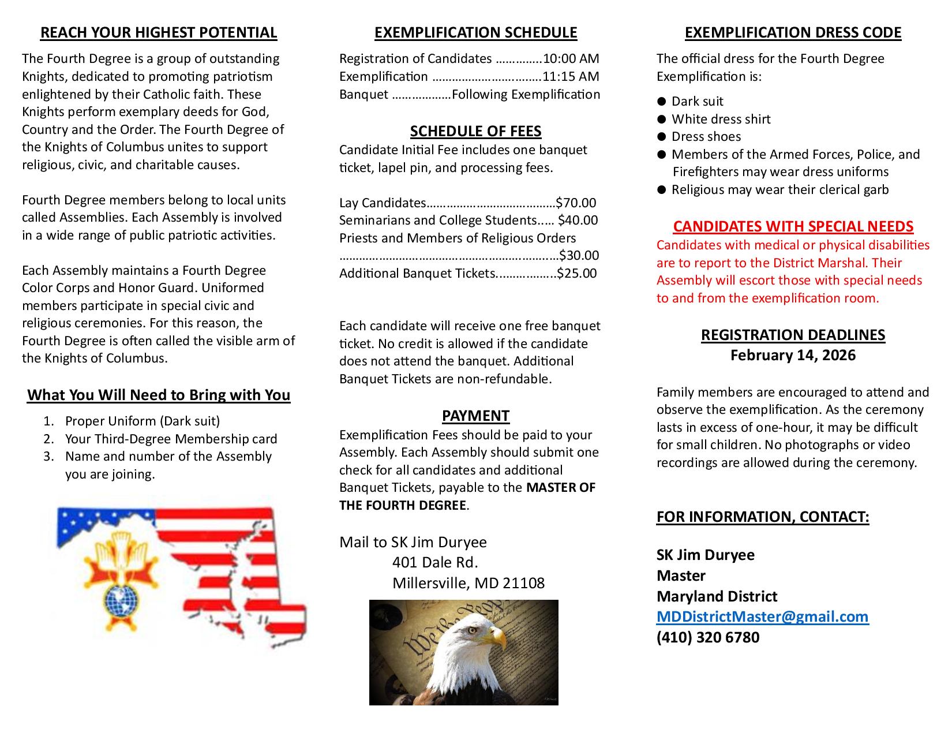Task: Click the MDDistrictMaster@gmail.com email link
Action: (762, 617)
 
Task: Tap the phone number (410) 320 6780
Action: (708, 637)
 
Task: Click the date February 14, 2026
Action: (793, 355)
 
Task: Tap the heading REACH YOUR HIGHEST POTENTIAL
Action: (159, 33)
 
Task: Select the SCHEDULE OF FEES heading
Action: (475, 132)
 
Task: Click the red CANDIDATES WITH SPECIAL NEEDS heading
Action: (793, 226)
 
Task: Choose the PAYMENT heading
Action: (475, 416)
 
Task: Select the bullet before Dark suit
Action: (662, 102)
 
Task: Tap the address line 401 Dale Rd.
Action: (435, 562)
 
